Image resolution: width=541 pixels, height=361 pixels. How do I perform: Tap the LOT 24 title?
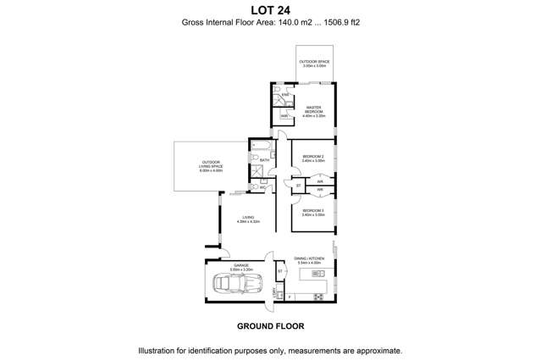click(270, 10)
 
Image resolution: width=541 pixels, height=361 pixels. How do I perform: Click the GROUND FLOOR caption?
click(270, 325)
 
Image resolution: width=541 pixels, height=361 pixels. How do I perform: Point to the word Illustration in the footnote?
click(161, 349)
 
